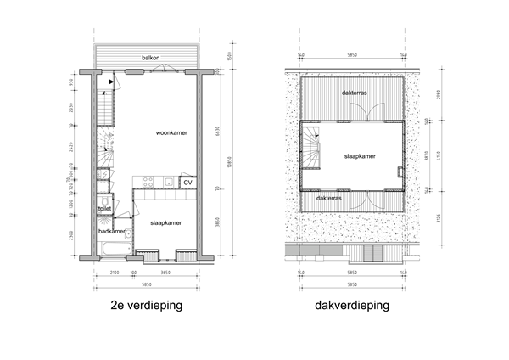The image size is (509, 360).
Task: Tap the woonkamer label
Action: (x=171, y=133)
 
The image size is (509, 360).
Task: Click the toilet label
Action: (x=105, y=208)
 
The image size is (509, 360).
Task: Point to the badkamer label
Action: (x=112, y=231)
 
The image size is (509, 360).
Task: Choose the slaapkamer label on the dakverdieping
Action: (x=360, y=156)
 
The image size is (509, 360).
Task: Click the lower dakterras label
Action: (x=329, y=198)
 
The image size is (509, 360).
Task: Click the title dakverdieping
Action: (x=350, y=305)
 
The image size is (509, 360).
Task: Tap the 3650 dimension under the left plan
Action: (x=166, y=272)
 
